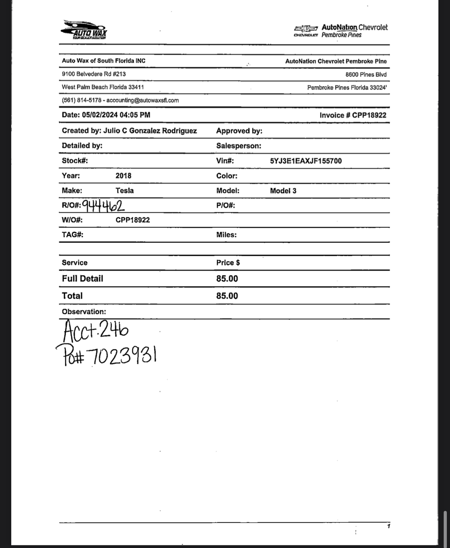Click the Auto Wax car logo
(84, 30)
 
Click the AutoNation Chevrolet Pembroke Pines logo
(341, 31)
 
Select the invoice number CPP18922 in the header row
(369, 115)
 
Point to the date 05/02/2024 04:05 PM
(116, 115)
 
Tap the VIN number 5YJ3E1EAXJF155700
(306, 161)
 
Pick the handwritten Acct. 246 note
(96, 331)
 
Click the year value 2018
(123, 176)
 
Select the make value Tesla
(124, 190)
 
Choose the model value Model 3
(283, 191)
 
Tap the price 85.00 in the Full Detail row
(227, 279)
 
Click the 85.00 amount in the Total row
(227, 296)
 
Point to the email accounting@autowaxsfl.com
(142, 100)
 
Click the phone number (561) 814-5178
(81, 100)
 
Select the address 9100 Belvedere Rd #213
(94, 74)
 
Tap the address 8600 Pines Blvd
(366, 75)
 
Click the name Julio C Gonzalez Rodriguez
(150, 131)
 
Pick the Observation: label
(84, 312)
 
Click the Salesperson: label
(238, 146)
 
